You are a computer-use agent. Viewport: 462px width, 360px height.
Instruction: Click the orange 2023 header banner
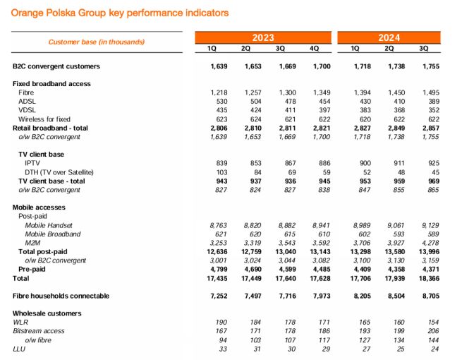click(262, 37)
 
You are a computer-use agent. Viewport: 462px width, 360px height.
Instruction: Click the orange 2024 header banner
click(389, 37)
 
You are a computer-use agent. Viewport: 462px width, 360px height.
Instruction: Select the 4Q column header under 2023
click(315, 48)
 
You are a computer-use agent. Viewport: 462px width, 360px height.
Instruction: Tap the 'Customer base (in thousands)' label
click(96, 42)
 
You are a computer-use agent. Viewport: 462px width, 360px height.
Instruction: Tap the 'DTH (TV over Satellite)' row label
click(59, 172)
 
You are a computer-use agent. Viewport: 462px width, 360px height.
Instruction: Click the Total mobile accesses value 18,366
click(422, 278)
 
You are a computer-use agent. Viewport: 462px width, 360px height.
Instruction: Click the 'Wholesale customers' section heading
click(47, 313)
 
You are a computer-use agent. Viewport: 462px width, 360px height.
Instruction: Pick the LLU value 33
click(219, 348)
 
